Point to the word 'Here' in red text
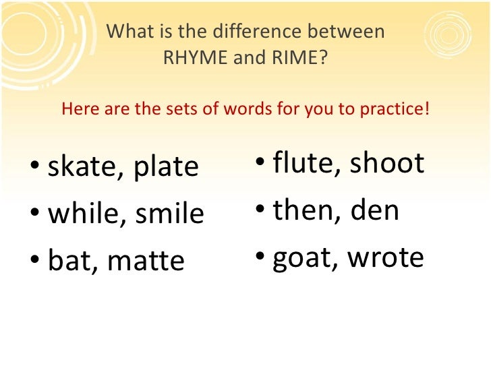76,109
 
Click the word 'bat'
69,261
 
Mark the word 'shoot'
387,163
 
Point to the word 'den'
375,210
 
